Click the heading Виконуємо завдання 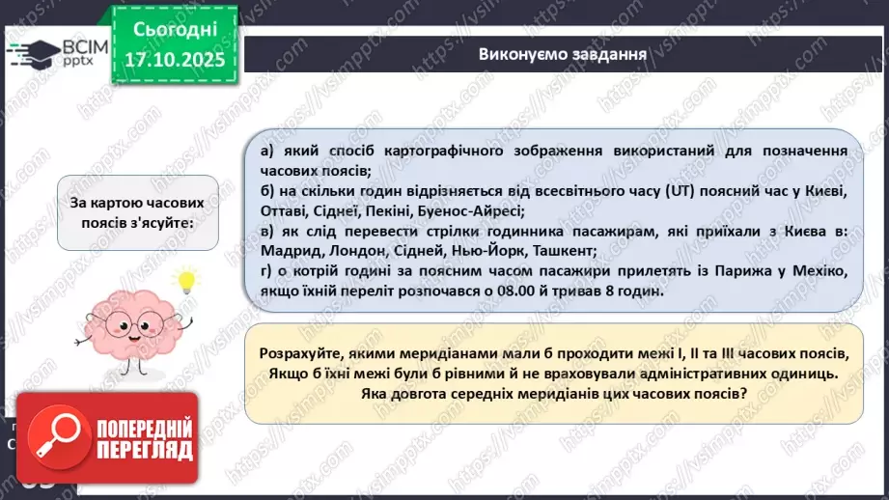pyautogui.click(x=562, y=53)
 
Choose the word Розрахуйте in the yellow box pyautogui.click(x=300, y=353)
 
